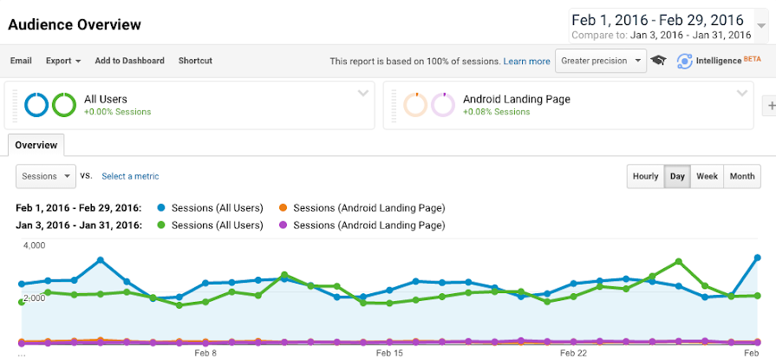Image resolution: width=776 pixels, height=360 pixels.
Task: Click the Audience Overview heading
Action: tap(75, 24)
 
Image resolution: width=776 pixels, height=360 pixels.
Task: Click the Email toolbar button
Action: tap(21, 61)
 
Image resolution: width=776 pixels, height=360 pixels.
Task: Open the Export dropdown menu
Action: tap(63, 61)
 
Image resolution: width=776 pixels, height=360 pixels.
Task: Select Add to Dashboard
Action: tap(129, 61)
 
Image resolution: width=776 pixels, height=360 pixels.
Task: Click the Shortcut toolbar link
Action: tap(195, 61)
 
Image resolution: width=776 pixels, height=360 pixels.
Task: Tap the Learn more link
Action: tap(526, 62)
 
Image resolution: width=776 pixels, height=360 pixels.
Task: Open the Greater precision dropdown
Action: tap(602, 61)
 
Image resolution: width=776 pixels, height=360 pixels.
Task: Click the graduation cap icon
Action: tap(659, 61)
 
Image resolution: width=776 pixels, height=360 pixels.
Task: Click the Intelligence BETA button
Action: tap(709, 61)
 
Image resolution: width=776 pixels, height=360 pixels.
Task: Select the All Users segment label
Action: tap(106, 99)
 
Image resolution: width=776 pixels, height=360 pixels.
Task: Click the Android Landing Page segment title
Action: tap(517, 99)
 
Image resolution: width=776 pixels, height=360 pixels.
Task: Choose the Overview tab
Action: tap(36, 145)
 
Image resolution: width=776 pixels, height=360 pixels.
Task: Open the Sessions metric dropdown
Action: tap(46, 176)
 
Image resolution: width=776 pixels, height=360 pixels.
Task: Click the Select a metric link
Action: tap(130, 176)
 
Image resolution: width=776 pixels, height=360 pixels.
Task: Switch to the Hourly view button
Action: tap(645, 176)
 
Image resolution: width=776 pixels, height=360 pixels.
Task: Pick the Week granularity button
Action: tap(707, 176)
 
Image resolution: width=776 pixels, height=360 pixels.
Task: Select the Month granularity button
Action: tap(741, 176)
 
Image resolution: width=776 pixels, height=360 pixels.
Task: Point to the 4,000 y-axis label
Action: tap(33, 245)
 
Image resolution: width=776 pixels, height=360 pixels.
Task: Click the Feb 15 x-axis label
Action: tap(390, 353)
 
